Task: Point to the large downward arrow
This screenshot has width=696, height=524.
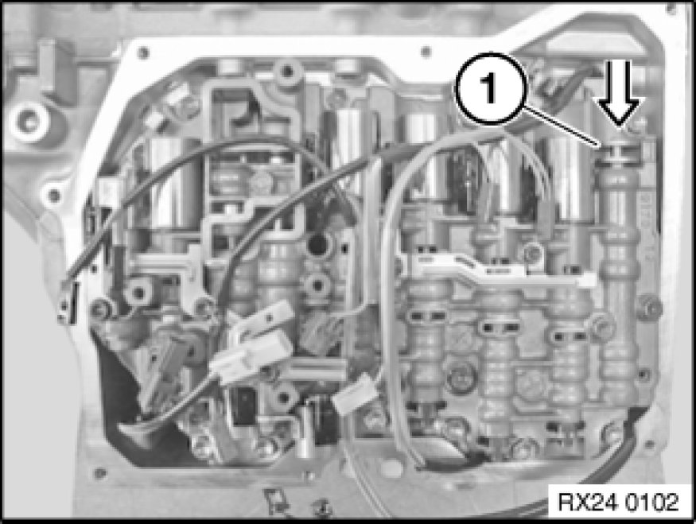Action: (618, 94)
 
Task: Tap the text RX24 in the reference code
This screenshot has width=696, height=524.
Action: (586, 502)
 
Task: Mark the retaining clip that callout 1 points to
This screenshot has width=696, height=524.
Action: (618, 150)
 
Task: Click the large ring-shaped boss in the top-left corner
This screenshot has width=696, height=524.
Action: (28, 121)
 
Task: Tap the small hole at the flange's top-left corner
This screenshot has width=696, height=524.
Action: (143, 52)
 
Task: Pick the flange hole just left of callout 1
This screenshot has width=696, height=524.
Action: (426, 52)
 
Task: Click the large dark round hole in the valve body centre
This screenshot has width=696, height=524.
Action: (319, 244)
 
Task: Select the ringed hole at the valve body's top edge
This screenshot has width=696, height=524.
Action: (287, 71)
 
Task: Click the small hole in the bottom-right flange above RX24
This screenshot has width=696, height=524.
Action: (649, 444)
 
